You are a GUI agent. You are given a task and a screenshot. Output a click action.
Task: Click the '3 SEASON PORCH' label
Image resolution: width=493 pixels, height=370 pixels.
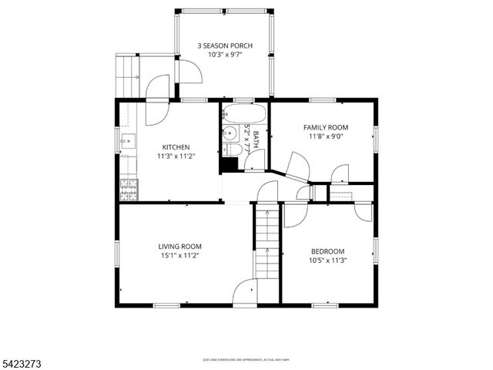click(x=225, y=45)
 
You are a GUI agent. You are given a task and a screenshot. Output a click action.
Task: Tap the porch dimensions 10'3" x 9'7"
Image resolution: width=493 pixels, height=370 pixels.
click(x=225, y=55)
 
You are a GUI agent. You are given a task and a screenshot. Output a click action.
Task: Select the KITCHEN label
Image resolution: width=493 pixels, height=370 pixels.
click(x=176, y=147)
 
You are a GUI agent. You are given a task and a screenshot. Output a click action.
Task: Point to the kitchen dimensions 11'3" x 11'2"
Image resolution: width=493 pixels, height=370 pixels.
click(x=176, y=156)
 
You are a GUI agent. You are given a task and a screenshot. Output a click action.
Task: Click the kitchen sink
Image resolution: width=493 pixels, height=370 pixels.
click(x=127, y=142)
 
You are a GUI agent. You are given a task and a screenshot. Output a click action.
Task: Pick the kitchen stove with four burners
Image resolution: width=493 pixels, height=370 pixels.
click(x=128, y=189)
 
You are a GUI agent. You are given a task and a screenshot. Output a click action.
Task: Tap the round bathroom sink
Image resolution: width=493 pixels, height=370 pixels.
click(x=230, y=133)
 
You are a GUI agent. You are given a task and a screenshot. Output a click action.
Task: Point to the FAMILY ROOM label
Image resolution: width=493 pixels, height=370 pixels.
click(x=325, y=127)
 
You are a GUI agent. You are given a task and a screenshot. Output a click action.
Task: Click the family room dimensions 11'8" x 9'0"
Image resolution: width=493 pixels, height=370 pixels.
click(x=325, y=136)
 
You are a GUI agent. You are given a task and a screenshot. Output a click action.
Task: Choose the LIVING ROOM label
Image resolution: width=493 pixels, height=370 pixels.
click(x=180, y=247)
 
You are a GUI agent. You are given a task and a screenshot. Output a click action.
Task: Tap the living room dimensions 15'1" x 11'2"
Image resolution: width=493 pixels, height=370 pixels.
click(x=180, y=256)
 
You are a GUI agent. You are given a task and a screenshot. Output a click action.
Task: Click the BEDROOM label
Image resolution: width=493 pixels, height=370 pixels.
click(x=327, y=251)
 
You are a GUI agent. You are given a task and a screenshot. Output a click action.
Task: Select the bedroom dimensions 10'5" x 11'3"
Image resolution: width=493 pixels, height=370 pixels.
click(x=327, y=261)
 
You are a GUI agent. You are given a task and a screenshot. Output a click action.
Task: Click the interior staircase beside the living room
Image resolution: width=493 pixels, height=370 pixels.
click(x=266, y=243)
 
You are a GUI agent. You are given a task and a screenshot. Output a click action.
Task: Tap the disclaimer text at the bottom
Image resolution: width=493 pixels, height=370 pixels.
click(x=246, y=359)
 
